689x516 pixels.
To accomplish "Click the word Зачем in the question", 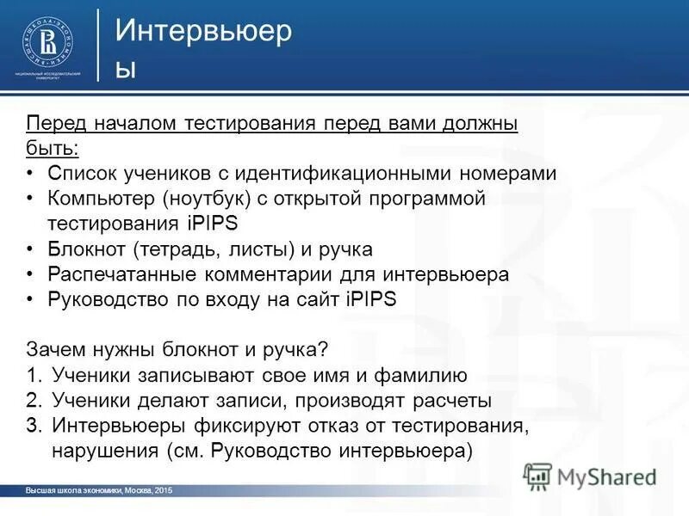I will click(55, 350).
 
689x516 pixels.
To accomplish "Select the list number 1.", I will click(33, 375).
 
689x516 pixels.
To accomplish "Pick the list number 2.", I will click(33, 400).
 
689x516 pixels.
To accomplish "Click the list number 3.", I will click(33, 425).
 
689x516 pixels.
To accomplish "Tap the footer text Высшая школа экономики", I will click(74, 490).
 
